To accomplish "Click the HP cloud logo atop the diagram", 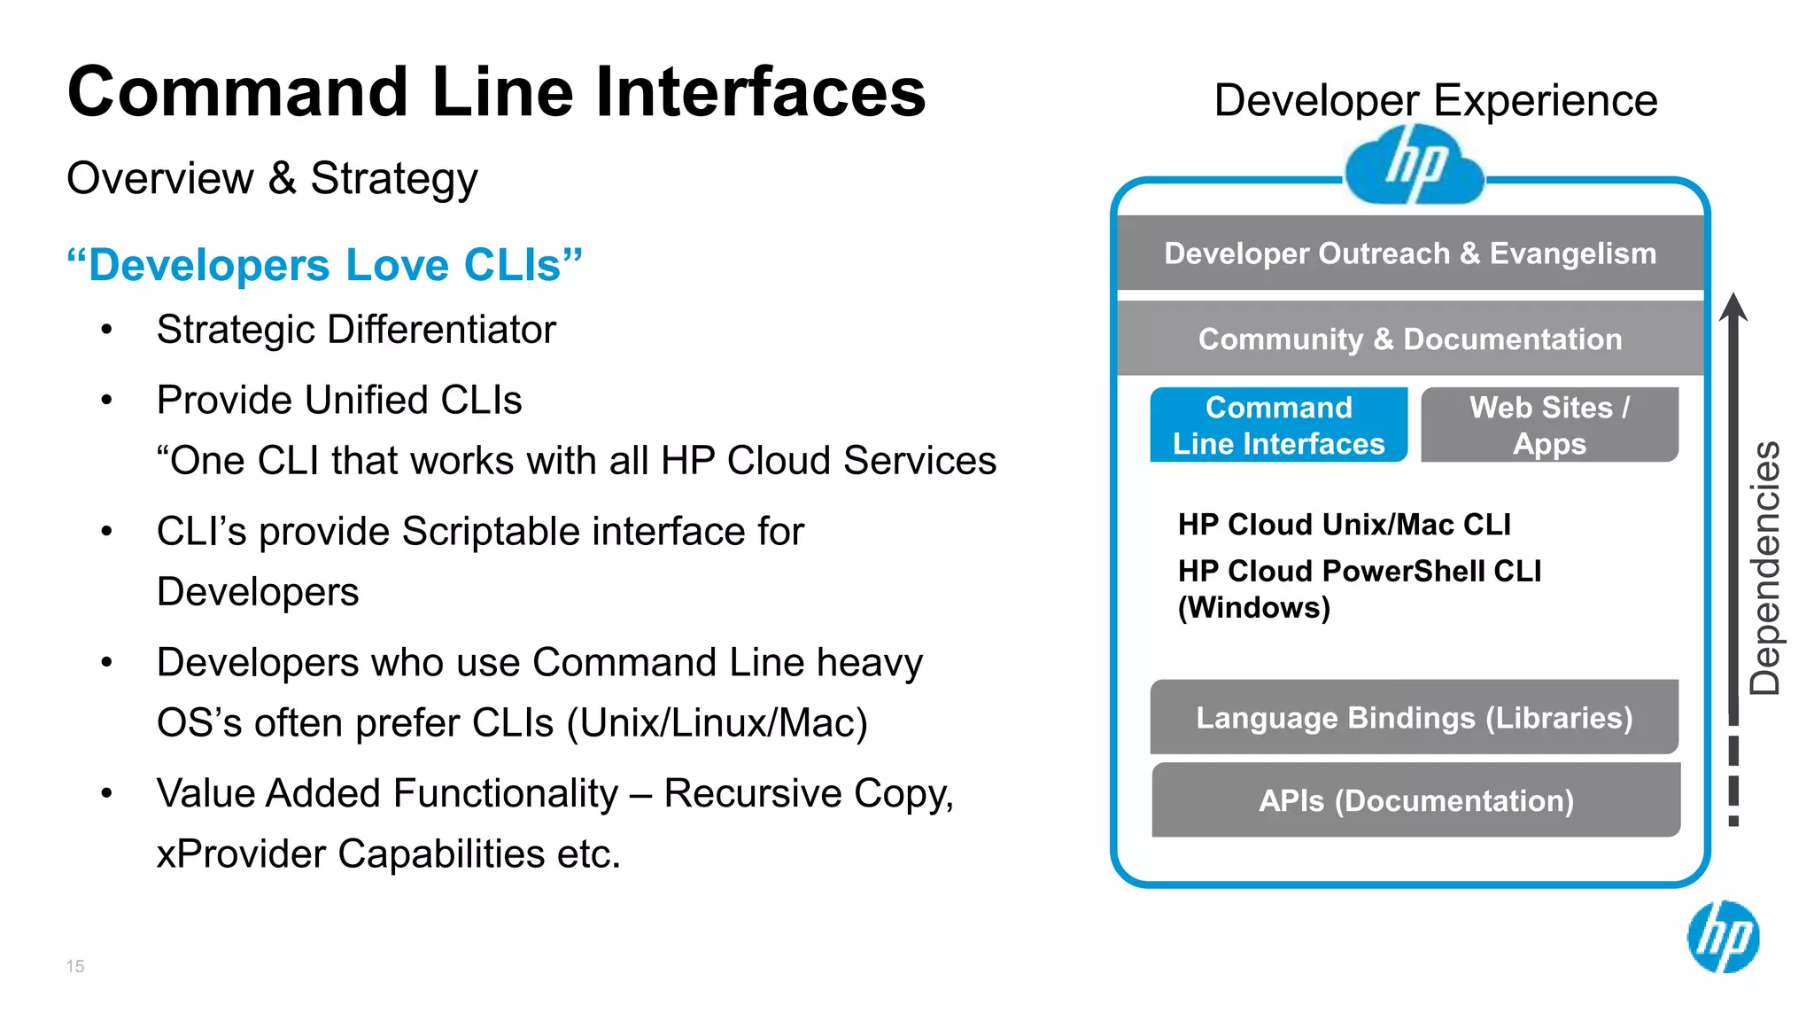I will tap(1414, 166).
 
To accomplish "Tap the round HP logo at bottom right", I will tap(1723, 937).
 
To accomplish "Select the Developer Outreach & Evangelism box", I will tap(1410, 253).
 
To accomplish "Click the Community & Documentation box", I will tap(1410, 339).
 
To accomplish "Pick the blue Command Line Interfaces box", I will tap(1278, 425).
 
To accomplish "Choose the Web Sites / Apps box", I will tap(1549, 425).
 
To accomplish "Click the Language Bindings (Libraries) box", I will tap(1414, 717).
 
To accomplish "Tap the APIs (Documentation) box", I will tap(1415, 800).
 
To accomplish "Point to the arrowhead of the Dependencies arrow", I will tap(1733, 308).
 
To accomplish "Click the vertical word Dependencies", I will tap(1765, 567).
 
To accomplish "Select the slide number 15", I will tap(75, 966).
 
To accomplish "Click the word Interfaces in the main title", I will tap(760, 92).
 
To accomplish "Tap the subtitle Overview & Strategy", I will tap(272, 178).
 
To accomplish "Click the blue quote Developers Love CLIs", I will tap(325, 265).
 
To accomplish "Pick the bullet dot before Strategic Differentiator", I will tap(107, 331).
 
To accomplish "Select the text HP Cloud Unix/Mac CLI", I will tap(1344, 525).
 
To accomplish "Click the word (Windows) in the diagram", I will tap(1253, 608).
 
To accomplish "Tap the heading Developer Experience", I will tap(1435, 100).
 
